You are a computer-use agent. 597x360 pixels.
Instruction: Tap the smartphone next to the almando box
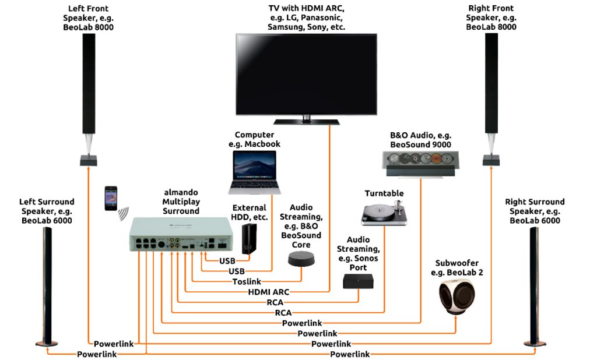tap(111, 198)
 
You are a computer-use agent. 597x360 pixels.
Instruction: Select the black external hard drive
tap(250, 239)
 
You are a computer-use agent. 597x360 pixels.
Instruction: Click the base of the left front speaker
tap(88, 159)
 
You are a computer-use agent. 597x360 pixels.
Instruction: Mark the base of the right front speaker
tap(492, 159)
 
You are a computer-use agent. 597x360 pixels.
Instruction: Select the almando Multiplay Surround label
tap(181, 202)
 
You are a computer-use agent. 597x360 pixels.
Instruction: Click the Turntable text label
tap(384, 193)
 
